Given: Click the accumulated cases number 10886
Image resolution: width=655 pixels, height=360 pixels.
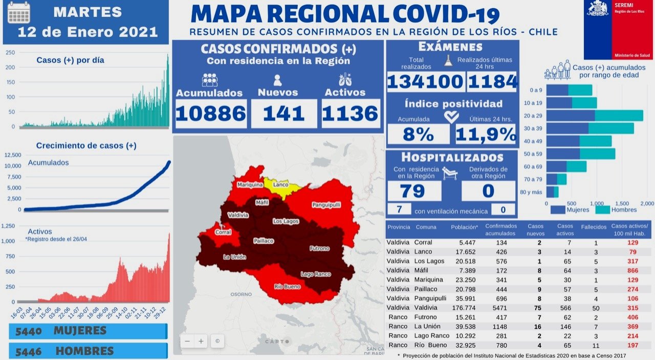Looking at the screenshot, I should [x=211, y=113].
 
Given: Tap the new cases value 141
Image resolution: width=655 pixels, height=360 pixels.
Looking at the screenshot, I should [x=284, y=113].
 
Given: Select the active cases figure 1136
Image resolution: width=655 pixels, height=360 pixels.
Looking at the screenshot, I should [x=351, y=113].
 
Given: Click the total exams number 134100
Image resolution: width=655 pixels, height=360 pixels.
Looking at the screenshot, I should [x=425, y=82].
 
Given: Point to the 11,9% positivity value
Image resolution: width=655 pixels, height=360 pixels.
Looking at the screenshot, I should [x=486, y=134].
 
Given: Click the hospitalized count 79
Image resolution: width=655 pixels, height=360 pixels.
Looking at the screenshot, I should [x=412, y=190].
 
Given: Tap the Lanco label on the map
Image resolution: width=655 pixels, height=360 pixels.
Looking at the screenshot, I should [x=280, y=184].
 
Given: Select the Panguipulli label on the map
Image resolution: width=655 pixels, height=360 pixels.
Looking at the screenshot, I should [x=326, y=205].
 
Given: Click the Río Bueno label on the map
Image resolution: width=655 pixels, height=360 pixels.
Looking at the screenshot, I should [x=287, y=287].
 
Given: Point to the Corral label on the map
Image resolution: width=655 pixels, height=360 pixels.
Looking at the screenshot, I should [x=223, y=232].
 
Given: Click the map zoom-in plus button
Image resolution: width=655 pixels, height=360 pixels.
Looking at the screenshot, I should [x=202, y=341].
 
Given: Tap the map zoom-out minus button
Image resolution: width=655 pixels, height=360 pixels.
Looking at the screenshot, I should [x=188, y=341].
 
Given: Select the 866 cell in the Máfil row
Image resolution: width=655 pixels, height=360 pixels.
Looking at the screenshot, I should [x=633, y=270].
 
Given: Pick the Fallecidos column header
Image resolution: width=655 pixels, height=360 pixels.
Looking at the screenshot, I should [x=594, y=227].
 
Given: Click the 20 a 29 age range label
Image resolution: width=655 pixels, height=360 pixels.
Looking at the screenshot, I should [x=533, y=116].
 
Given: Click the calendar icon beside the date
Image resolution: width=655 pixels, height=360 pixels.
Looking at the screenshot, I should [x=19, y=14].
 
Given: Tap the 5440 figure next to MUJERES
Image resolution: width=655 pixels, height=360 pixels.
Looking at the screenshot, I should [x=29, y=331].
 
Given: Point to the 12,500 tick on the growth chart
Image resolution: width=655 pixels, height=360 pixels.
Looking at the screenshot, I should [x=13, y=155].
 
